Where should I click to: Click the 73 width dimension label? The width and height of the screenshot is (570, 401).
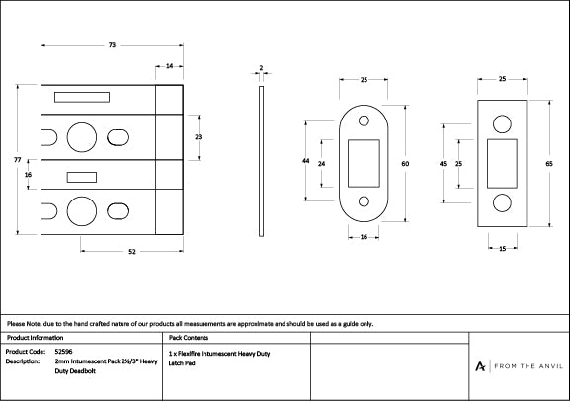pyautogui.click(x=112, y=45)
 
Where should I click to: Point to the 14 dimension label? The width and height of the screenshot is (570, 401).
pyautogui.click(x=170, y=66)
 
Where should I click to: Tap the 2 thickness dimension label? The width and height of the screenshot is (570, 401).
pyautogui.click(x=260, y=68)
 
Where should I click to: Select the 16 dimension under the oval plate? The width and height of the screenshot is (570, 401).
pyautogui.click(x=364, y=238)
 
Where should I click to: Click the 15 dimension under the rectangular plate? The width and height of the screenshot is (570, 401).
pyautogui.click(x=503, y=249)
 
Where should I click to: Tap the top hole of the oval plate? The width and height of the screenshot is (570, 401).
pyautogui.click(x=364, y=122)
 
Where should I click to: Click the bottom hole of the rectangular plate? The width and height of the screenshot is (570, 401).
pyautogui.click(x=504, y=202)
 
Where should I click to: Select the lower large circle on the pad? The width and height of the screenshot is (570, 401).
pyautogui.click(x=79, y=209)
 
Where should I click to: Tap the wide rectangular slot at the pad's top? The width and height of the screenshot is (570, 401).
pyautogui.click(x=74, y=98)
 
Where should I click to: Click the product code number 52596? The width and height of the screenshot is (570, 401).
pyautogui.click(x=63, y=351)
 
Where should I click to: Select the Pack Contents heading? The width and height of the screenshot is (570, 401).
pyautogui.click(x=189, y=338)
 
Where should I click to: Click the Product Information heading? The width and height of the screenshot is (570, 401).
pyautogui.click(x=35, y=338)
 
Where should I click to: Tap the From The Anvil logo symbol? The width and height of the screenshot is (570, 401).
pyautogui.click(x=480, y=366)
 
